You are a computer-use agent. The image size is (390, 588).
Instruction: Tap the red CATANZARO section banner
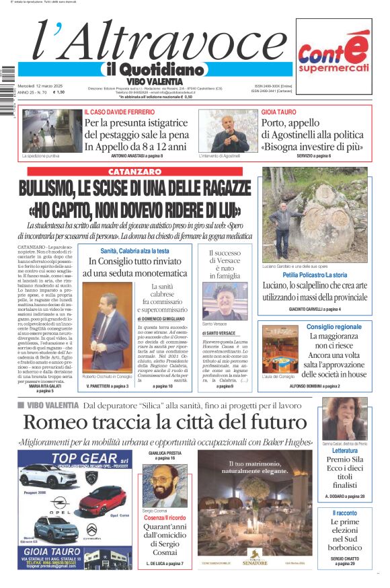pos(134,172)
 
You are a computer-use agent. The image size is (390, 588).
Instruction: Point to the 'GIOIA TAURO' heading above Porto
pos(278,112)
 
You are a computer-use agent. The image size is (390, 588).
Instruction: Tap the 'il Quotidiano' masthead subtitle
pos(153,69)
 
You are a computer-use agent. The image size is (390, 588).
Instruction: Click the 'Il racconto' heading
pos(344,513)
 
